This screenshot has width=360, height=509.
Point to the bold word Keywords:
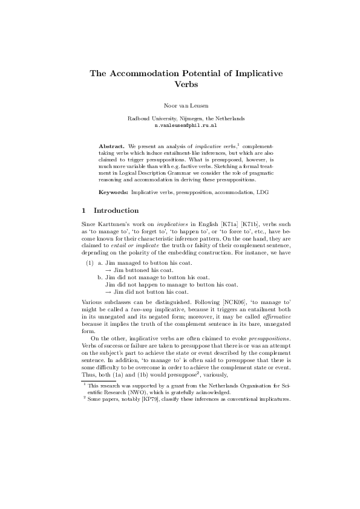click(114, 192)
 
